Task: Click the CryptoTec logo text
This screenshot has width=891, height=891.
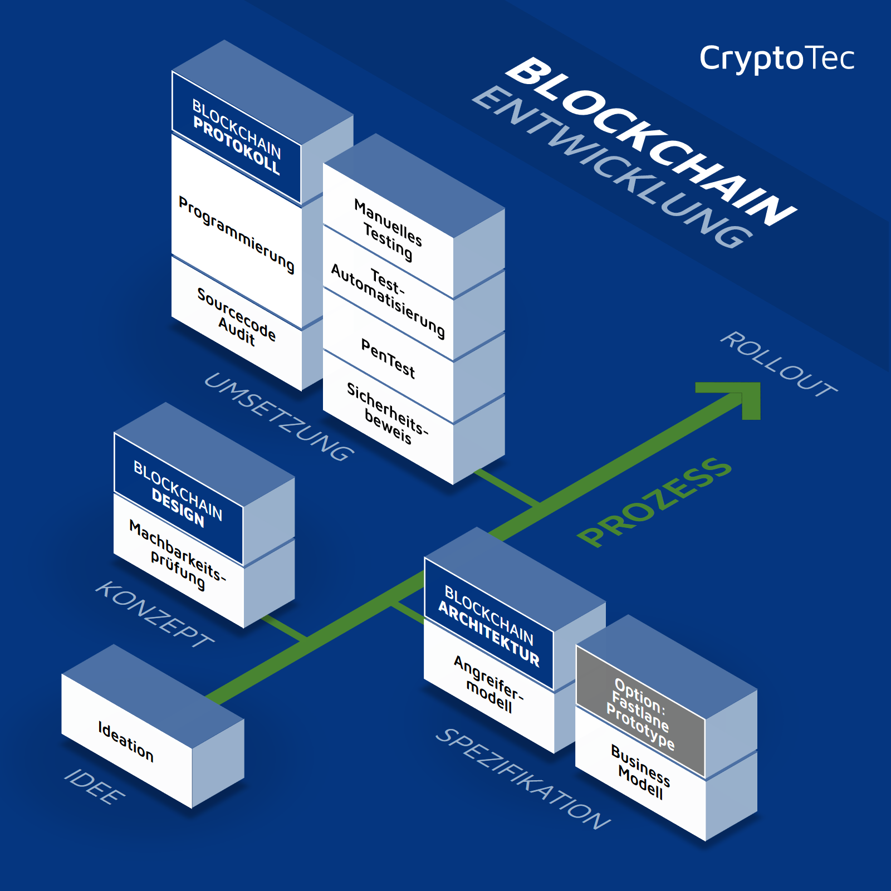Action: tap(776, 58)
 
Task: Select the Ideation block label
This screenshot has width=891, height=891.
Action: tap(126, 741)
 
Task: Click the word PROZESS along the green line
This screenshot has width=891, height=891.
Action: tap(654, 501)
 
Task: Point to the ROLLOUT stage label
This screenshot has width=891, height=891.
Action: tap(779, 364)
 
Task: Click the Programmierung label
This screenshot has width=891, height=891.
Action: tap(236, 234)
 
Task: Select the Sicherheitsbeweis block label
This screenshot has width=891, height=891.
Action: tap(388, 414)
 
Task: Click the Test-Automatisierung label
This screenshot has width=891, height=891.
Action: tap(388, 301)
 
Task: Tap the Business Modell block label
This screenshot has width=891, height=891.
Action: tap(640, 772)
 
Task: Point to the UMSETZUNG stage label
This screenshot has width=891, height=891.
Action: tap(279, 417)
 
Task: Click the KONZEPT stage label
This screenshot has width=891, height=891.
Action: tap(155, 614)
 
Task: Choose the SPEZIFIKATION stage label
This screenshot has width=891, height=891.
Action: tap(523, 778)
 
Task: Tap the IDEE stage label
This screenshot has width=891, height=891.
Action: tap(95, 786)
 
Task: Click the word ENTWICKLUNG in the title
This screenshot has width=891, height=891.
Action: tap(613, 167)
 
